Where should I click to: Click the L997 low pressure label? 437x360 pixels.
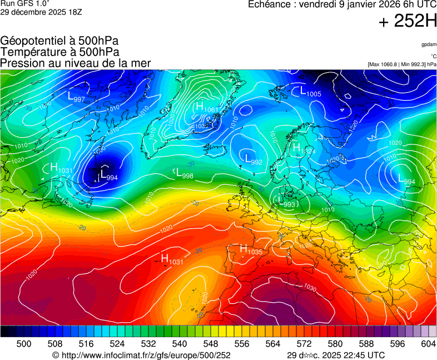coord(76,96)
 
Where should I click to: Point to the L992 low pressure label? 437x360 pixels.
coord(254,159)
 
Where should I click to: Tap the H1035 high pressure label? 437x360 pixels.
coord(251,249)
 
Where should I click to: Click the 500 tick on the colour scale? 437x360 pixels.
coord(24,344)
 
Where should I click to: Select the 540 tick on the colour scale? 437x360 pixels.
coord(180,344)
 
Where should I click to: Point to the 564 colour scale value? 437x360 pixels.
coord(273,344)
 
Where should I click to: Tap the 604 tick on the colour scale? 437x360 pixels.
coord(428,344)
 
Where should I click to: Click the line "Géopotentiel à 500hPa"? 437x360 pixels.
coord(59,41)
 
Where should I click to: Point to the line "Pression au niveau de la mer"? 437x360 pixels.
coord(76,63)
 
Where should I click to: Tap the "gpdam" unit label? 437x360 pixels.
coord(429,44)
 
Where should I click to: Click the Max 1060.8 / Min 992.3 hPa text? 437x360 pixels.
coord(402,64)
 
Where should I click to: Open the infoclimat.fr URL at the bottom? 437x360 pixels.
coord(141,355)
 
